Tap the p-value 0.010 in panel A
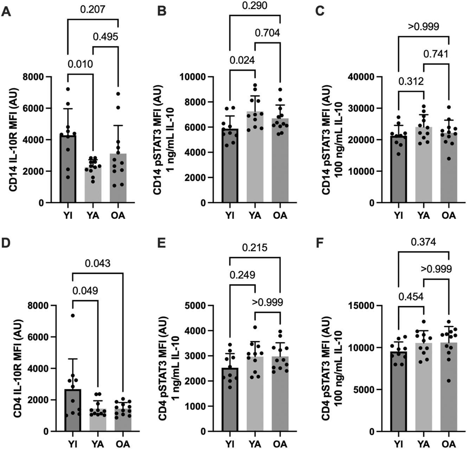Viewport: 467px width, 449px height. (81, 64)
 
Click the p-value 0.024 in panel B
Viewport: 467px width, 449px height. (242, 60)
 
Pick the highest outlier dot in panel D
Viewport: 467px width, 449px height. (73, 316)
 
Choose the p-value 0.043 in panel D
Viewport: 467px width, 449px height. (97, 263)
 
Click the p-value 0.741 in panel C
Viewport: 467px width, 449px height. (436, 54)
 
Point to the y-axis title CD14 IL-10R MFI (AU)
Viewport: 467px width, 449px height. (14, 140)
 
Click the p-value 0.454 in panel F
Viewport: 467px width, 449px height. (411, 296)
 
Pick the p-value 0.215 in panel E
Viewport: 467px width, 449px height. (255, 247)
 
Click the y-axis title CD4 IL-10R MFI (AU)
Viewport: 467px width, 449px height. (19, 368)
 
